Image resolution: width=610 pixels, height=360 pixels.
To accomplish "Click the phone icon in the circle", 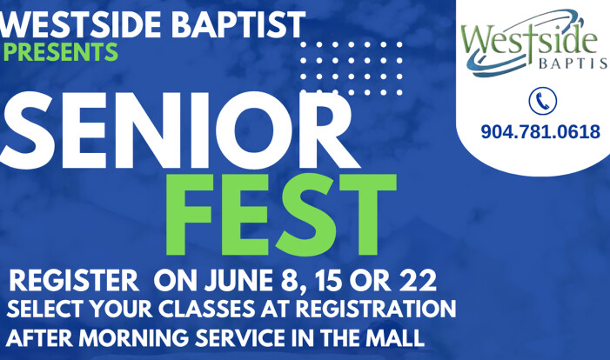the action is tap(542, 101).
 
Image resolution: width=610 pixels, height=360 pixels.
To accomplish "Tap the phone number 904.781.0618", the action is tap(540, 132).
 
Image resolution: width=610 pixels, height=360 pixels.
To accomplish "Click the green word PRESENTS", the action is tap(59, 51).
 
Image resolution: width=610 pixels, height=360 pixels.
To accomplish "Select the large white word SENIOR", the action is tap(177, 130).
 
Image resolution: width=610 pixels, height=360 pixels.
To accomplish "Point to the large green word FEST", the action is tap(281, 214).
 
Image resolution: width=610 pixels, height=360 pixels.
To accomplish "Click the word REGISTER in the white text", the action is tap(74, 281).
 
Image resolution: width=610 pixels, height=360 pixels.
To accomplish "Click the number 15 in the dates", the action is tap(329, 281).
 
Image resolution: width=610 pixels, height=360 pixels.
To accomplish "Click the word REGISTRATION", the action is tap(375, 309).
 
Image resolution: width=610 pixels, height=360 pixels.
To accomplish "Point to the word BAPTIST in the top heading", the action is tap(238, 24).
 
